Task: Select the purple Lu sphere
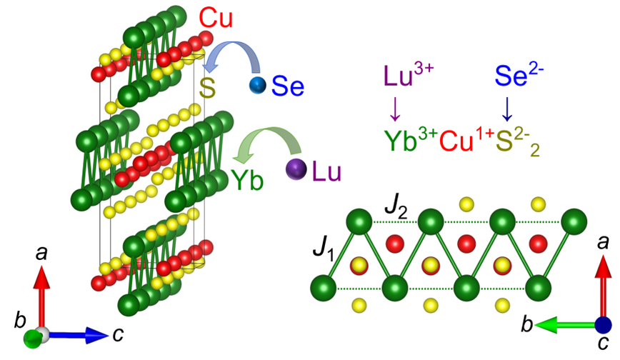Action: click(295, 169)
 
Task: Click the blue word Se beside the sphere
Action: click(288, 87)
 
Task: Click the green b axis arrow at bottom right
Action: click(564, 326)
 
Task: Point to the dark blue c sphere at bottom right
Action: click(604, 326)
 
